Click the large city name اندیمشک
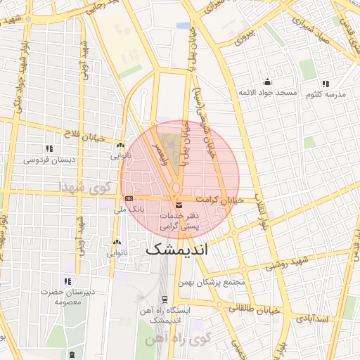tap(178, 250)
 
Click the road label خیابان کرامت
tap(219, 200)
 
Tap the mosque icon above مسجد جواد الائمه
tap(266, 82)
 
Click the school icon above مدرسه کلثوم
tap(325, 82)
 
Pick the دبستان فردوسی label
tap(49, 160)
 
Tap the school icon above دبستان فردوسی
tap(49, 148)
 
